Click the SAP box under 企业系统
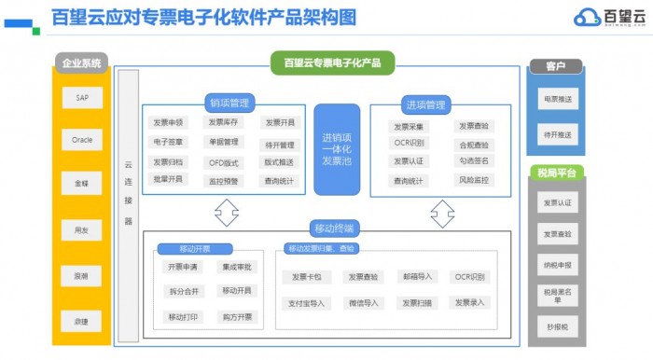[x=81, y=98]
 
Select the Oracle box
[x=81, y=140]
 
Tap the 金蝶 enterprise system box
[x=81, y=184]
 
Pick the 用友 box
[x=81, y=228]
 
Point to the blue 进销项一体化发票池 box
[x=337, y=149]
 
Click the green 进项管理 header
[x=424, y=104]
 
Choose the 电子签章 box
[x=168, y=143]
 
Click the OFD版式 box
[x=224, y=162]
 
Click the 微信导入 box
[x=364, y=303]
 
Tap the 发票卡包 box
[x=307, y=277]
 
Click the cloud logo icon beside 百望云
[x=587, y=17]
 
